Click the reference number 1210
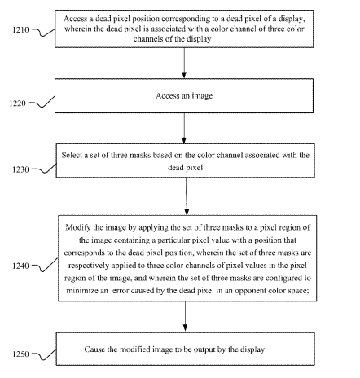20,29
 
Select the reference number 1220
17,103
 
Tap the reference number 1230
20,169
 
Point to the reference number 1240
20,266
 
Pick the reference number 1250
20,354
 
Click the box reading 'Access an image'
184,96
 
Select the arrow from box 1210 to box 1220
184,63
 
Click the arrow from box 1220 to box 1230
184,128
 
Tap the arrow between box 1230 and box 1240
187,196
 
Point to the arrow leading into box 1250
185,317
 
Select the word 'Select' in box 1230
72,155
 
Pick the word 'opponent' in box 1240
250,291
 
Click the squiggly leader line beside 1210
43,33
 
